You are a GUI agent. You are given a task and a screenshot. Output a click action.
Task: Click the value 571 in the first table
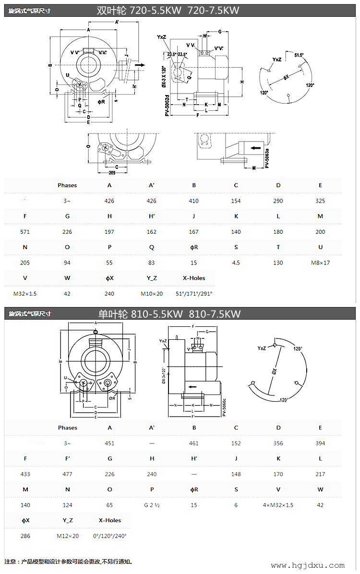coord(25,232)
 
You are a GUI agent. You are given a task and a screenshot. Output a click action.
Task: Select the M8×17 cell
coord(320,263)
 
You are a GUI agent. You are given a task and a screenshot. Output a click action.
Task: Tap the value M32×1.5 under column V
coord(25,293)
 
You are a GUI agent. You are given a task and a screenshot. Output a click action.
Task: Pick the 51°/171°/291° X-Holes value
coord(194,293)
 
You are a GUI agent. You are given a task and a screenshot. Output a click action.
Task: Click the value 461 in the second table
coord(194,443)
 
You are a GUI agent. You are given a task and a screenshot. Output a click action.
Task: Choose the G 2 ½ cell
coord(152,505)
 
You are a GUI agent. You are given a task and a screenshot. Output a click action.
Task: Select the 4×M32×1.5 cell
coord(278,505)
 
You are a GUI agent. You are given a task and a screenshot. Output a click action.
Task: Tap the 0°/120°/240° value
coord(109,536)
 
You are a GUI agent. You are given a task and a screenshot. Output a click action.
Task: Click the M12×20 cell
coord(67,536)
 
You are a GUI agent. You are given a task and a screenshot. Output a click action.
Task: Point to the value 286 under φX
coord(25,536)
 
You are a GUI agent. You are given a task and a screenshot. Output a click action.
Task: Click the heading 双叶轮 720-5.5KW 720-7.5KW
coord(168,10)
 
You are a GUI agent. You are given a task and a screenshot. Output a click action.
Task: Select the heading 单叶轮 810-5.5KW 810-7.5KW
coord(169,314)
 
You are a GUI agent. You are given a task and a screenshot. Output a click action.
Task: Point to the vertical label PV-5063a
coord(267,157)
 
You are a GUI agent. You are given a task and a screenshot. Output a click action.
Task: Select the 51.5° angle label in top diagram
coord(299,55)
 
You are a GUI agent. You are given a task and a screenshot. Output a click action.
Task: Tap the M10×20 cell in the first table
coord(152,293)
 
